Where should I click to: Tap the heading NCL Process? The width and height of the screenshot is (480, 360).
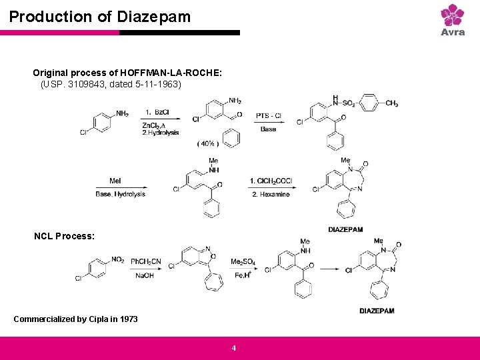tap(64, 236)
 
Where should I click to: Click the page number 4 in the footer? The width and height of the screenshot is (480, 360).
tap(233, 347)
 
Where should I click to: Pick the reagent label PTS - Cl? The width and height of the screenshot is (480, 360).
tap(269, 116)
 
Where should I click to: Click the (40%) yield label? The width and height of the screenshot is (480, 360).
tap(208, 144)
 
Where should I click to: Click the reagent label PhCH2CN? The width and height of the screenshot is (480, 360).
tap(146, 261)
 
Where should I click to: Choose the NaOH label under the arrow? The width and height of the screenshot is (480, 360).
tap(145, 276)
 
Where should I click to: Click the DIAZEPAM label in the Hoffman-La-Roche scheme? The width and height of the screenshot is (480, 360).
tap(345, 229)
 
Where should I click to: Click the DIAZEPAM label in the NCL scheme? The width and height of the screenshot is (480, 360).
tap(377, 311)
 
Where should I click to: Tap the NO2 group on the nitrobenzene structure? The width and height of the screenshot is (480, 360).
tap(117, 259)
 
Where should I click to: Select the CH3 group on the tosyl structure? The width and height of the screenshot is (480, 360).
tap(391, 103)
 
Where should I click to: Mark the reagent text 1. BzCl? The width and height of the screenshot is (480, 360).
tap(157, 111)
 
